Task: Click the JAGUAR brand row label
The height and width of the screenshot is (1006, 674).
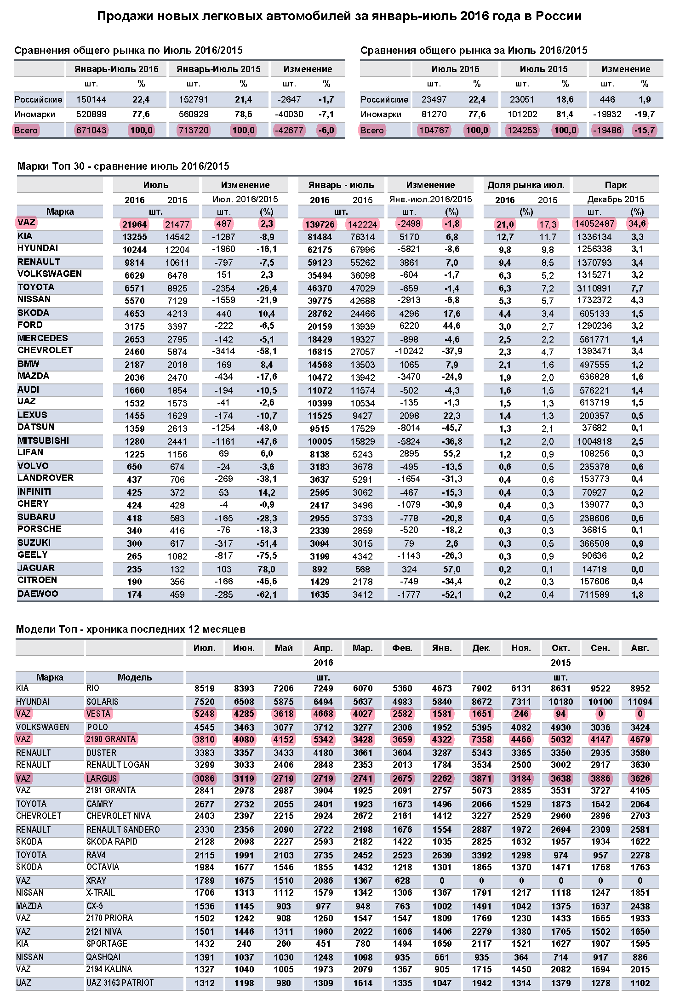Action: pyautogui.click(x=36, y=568)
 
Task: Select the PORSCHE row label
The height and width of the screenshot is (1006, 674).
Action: pyautogui.click(x=39, y=529)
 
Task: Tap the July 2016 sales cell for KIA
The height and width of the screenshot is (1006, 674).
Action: pyautogui.click(x=134, y=237)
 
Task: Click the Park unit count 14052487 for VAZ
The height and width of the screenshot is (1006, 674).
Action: pyautogui.click(x=594, y=224)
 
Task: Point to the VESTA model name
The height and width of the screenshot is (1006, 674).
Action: pyautogui.click(x=98, y=714)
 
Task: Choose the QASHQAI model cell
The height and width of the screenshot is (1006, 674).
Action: pyautogui.click(x=103, y=957)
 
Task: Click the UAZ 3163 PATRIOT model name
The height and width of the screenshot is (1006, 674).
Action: pyautogui.click(x=120, y=983)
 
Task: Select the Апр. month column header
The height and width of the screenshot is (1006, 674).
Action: pyautogui.click(x=323, y=648)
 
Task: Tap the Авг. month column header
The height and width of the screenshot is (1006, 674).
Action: pyautogui.click(x=640, y=648)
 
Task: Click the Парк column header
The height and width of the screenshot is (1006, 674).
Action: pyautogui.click(x=616, y=185)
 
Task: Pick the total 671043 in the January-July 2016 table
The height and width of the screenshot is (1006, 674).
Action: pyautogui.click(x=91, y=130)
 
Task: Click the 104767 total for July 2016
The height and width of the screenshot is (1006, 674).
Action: pyautogui.click(x=434, y=130)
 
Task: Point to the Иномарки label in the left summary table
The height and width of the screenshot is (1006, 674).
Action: pyautogui.click(x=34, y=114)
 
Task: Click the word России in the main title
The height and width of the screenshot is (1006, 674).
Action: pyautogui.click(x=560, y=16)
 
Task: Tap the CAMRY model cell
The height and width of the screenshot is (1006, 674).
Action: pyautogui.click(x=100, y=804)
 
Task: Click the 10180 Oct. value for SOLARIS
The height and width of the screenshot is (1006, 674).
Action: pyautogui.click(x=560, y=702)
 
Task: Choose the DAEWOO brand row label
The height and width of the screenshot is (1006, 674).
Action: pyautogui.click(x=38, y=594)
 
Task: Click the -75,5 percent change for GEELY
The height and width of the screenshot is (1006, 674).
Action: pyautogui.click(x=267, y=555)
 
